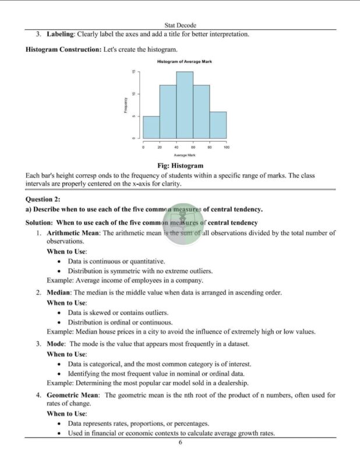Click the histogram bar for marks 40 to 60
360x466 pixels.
(x=185, y=105)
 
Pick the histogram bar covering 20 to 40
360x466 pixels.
(x=168, y=111)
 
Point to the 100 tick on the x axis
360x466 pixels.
(x=226, y=147)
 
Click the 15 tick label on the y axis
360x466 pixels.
(x=133, y=72)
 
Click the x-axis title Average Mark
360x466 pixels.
(x=184, y=156)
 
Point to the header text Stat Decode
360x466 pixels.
(x=180, y=26)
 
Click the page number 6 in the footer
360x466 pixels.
(x=181, y=443)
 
